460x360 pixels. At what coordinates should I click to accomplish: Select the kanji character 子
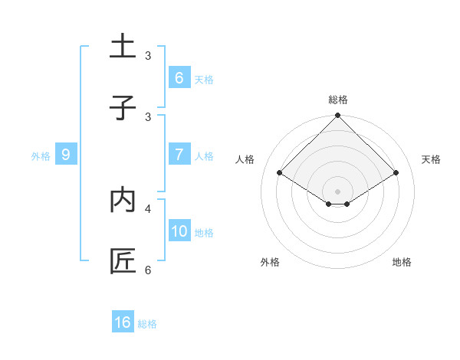(x=123, y=107)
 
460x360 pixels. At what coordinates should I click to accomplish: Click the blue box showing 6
(x=179, y=77)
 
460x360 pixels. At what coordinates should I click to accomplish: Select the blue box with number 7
(x=179, y=154)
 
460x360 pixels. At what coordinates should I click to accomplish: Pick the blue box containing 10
(x=179, y=231)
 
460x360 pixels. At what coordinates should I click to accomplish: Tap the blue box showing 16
(x=123, y=322)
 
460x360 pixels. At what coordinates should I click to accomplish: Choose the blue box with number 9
(x=66, y=154)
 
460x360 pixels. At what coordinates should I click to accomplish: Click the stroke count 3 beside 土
(x=148, y=56)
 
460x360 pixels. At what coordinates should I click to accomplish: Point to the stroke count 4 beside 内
(x=148, y=208)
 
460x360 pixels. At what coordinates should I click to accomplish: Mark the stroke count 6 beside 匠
(x=148, y=270)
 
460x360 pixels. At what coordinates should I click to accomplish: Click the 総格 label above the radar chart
(x=338, y=100)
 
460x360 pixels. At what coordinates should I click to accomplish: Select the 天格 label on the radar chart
(x=431, y=159)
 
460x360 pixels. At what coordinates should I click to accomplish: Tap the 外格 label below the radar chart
(x=270, y=262)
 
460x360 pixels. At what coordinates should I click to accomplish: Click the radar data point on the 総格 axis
(x=338, y=116)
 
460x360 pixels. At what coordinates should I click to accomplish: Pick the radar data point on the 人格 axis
(x=280, y=172)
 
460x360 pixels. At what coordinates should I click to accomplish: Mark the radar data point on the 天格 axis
(x=396, y=172)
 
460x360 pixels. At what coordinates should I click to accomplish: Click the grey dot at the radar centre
(x=338, y=191)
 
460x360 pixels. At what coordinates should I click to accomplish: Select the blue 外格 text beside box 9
(x=41, y=155)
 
